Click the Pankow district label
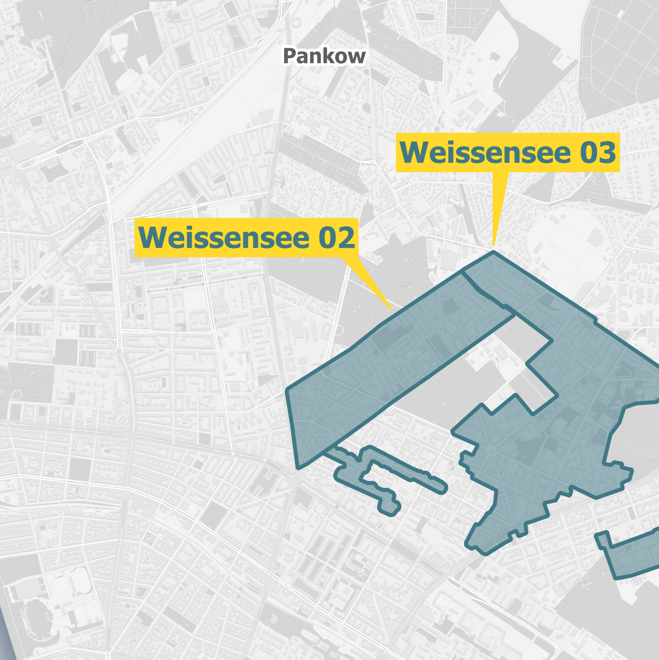[x=324, y=56]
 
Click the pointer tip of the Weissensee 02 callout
[x=392, y=310]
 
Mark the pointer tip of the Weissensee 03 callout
[x=493, y=245]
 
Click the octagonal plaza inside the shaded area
[x=492, y=451]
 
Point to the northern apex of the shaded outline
[x=493, y=252]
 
